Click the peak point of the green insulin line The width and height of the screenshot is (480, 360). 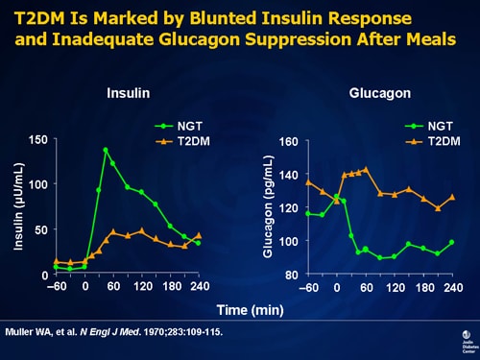[x=106, y=150]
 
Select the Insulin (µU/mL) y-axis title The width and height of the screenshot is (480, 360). [x=19, y=206]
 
